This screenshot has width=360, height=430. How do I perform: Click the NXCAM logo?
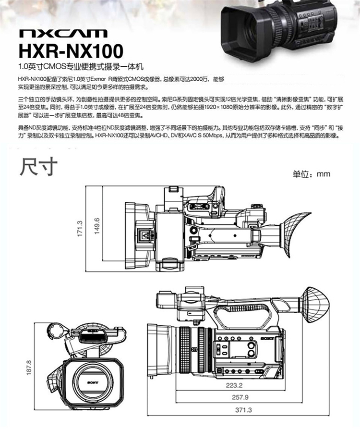63,33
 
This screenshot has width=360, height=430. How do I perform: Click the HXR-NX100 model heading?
71,51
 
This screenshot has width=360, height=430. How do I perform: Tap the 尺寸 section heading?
38,166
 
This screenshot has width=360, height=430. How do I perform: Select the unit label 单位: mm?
312,174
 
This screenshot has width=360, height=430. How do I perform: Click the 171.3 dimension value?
80,228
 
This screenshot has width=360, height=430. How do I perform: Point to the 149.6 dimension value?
97,226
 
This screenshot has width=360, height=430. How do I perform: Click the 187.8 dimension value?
29,367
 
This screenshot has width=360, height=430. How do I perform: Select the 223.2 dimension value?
234,385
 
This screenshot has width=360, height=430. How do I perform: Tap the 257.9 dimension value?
240,397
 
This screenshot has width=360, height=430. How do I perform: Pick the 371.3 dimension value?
243,410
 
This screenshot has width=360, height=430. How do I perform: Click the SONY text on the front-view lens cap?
93,382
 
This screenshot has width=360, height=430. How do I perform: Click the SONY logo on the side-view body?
267,338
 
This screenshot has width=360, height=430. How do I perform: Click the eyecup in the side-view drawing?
315,305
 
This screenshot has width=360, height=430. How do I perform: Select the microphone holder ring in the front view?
57,332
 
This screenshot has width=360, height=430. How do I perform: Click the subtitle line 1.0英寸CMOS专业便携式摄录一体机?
81,67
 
